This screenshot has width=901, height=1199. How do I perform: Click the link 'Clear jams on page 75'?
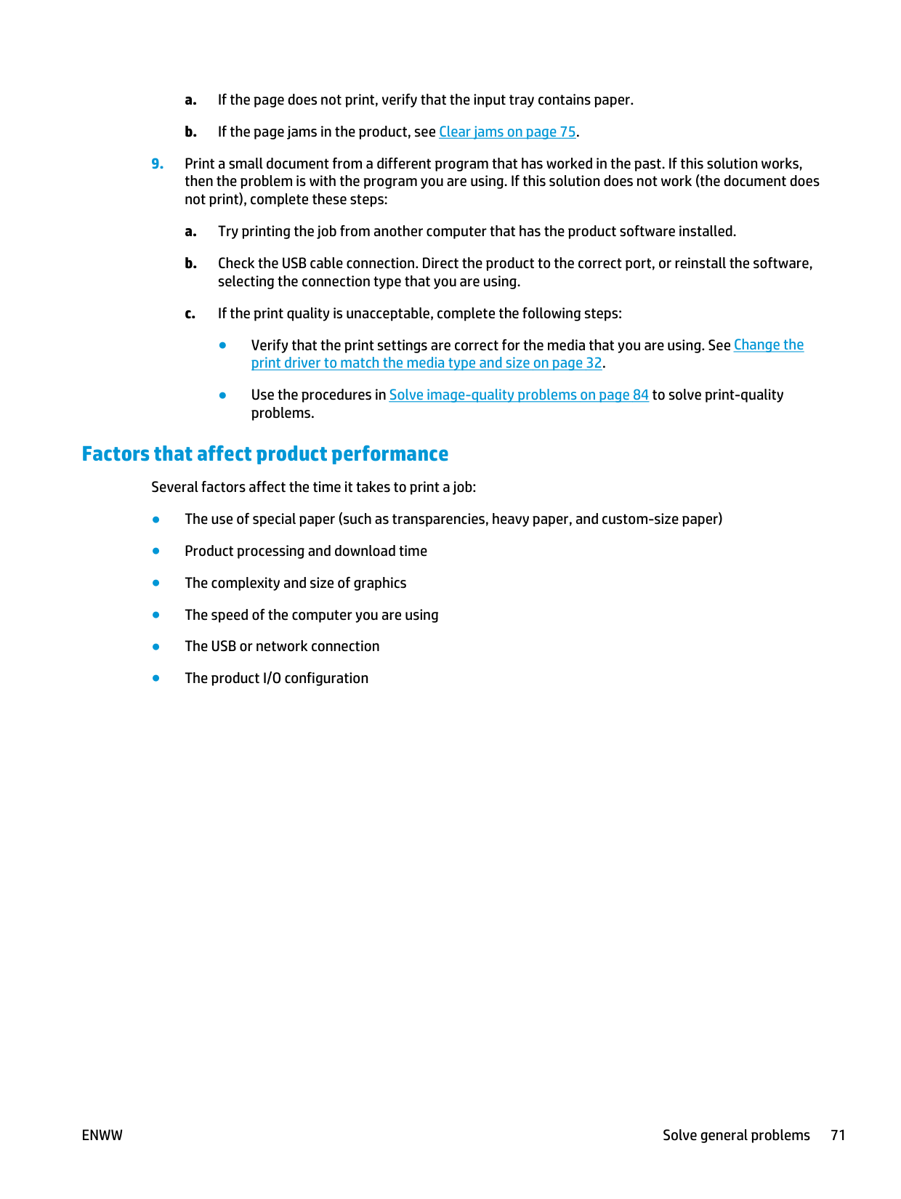pos(507,132)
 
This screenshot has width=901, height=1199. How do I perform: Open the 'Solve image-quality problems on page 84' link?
pos(519,395)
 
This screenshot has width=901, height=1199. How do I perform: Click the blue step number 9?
pos(157,164)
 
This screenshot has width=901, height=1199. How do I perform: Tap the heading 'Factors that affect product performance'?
pos(265,454)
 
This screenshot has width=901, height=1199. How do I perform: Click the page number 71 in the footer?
pos(838,1136)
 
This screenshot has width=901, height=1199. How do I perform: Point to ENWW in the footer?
pos(102,1136)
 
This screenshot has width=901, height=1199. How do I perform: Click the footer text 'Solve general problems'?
pos(736,1136)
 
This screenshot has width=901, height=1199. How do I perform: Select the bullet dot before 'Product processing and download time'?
pos(155,551)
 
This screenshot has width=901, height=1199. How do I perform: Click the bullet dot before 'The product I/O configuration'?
pos(155,678)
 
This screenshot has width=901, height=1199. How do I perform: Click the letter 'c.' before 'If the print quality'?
pos(190,314)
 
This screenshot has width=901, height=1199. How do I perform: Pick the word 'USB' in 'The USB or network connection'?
pos(223,647)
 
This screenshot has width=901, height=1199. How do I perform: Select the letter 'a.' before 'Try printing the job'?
pos(190,232)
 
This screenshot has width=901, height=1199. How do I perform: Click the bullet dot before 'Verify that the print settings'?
pos(223,345)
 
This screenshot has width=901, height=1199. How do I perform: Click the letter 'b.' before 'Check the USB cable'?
pos(190,264)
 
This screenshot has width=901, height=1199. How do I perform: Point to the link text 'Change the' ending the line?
pos(769,345)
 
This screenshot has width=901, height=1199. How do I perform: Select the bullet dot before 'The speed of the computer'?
pos(155,615)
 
